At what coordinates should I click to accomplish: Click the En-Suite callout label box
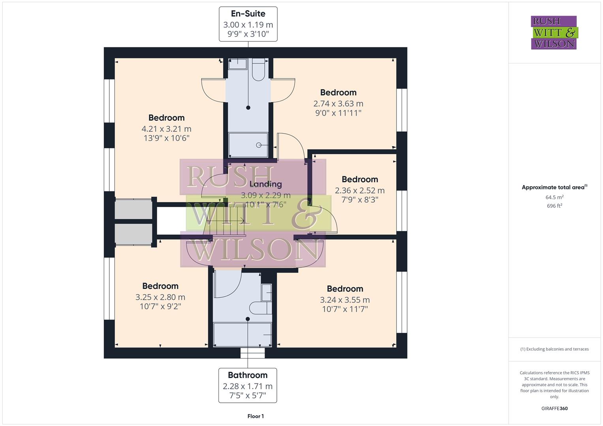point(248,24)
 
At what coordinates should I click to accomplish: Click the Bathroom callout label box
point(248,385)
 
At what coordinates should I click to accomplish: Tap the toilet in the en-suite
point(259,70)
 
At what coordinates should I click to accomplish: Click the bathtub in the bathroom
point(242,334)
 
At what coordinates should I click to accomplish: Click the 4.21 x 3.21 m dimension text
point(166,129)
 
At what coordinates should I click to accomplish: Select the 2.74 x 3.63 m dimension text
point(338,103)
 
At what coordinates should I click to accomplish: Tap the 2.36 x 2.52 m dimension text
point(359,190)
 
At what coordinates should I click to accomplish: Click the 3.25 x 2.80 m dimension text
point(160,297)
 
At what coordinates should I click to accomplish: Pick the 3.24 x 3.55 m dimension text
point(345,300)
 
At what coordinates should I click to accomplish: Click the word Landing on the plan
point(265,184)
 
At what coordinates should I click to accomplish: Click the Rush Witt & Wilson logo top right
point(554,33)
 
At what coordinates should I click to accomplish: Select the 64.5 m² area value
point(554,197)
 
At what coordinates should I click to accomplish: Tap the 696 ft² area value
point(554,206)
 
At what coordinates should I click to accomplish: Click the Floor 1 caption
point(255,416)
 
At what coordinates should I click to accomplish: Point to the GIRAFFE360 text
point(554,408)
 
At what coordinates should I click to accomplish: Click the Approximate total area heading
point(554,187)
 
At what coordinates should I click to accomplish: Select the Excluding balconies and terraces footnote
point(554,349)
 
